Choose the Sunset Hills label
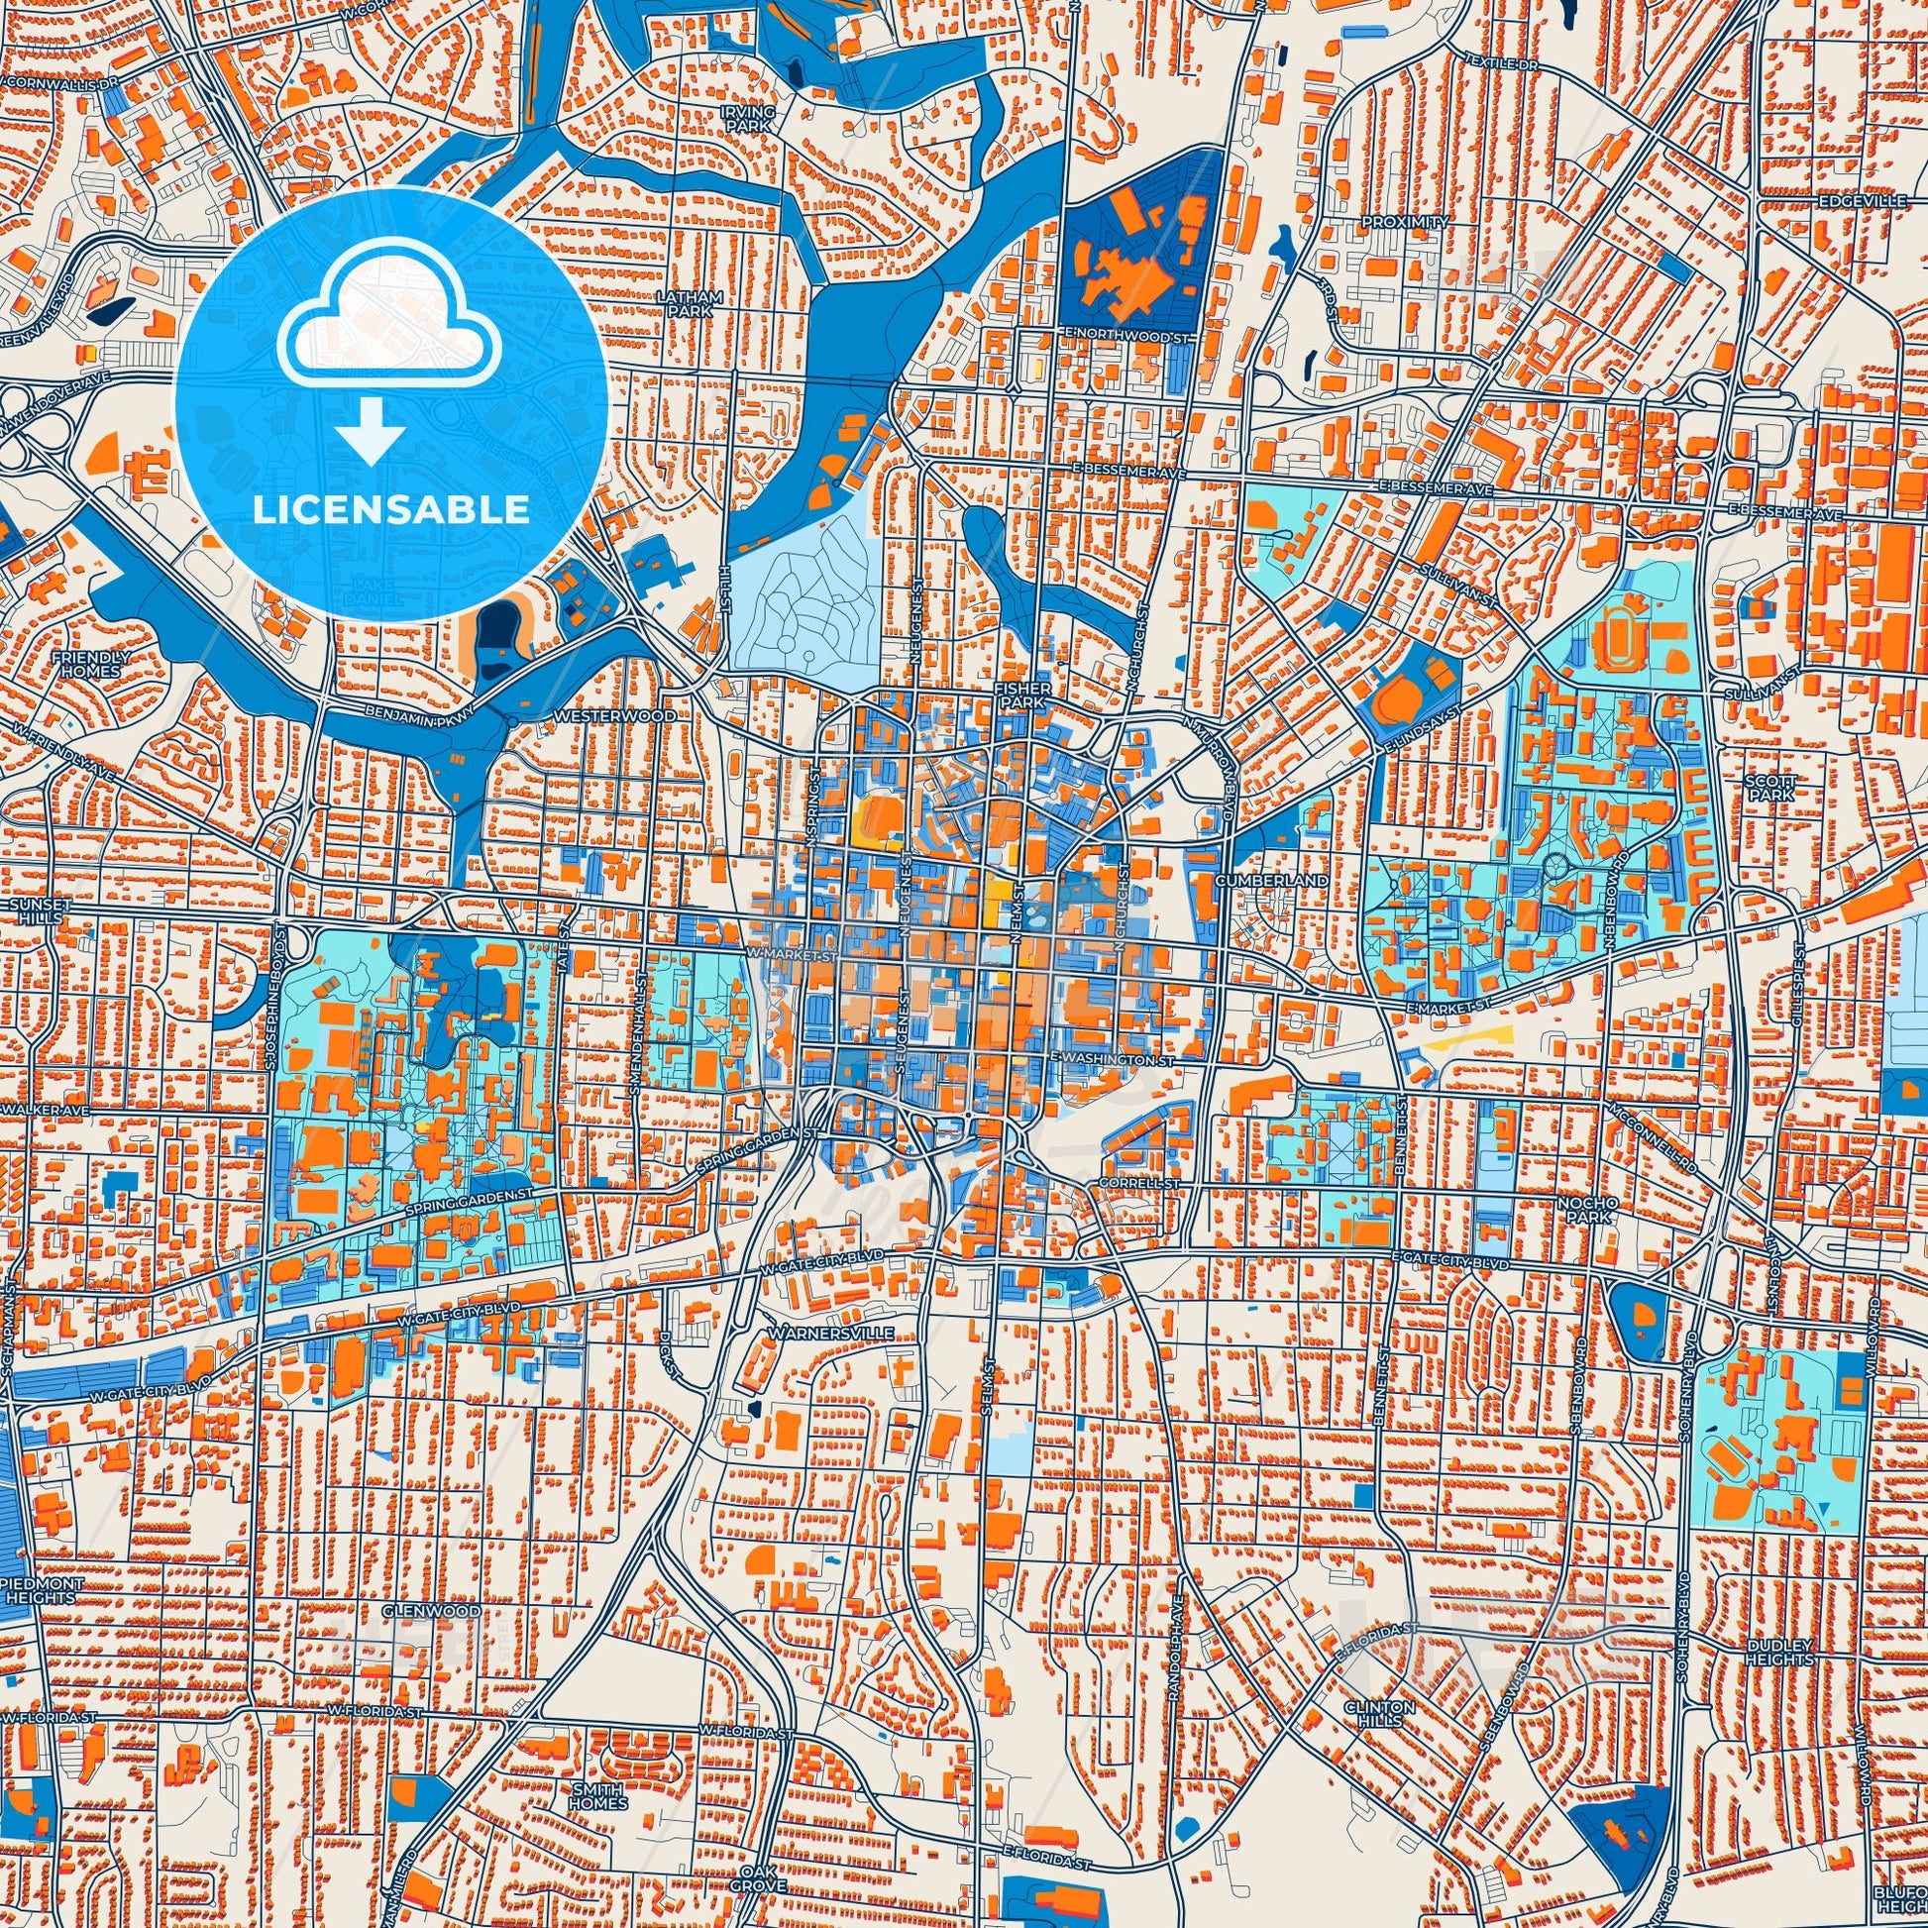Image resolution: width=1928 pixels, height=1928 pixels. coord(38,910)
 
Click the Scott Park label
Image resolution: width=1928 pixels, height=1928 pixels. coord(1770,789)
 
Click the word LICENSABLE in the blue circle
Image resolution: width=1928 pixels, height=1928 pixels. coord(391,510)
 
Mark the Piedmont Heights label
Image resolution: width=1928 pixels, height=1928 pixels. coord(39,1591)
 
